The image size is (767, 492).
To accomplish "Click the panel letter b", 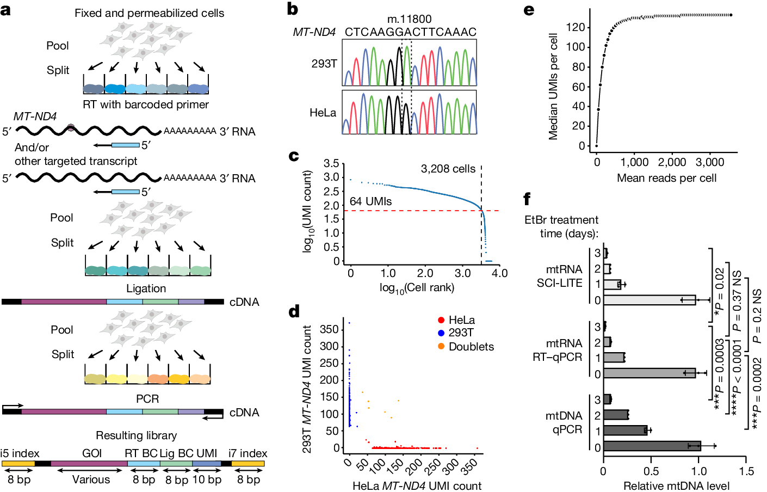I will tap(292, 9).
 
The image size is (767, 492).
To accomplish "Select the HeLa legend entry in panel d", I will tap(461, 320).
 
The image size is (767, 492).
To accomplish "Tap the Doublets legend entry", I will tap(471, 347).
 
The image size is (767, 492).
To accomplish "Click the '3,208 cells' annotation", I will tap(448, 169).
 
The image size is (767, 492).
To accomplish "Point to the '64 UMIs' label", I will tap(370, 201).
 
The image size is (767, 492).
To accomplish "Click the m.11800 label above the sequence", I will tap(409, 20).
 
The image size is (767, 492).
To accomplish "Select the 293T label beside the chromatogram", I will tap(324, 64).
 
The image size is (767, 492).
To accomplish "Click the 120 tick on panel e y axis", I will tap(576, 27).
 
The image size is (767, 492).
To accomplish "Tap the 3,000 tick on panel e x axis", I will tap(709, 162).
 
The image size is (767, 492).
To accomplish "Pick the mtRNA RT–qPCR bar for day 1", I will tap(614, 358).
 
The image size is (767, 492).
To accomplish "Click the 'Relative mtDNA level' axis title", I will tap(676, 485).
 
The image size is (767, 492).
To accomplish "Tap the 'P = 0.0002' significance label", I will tap(757, 392).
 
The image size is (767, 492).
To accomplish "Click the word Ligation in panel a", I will tap(146, 288).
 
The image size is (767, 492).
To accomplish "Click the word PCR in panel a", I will tap(147, 399).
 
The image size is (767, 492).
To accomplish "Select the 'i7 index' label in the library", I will tap(248, 453).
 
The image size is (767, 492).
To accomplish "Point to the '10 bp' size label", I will tap(207, 480).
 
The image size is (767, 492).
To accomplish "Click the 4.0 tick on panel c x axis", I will tap(499, 273).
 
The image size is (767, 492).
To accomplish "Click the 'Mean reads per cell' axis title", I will tap(666, 178).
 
